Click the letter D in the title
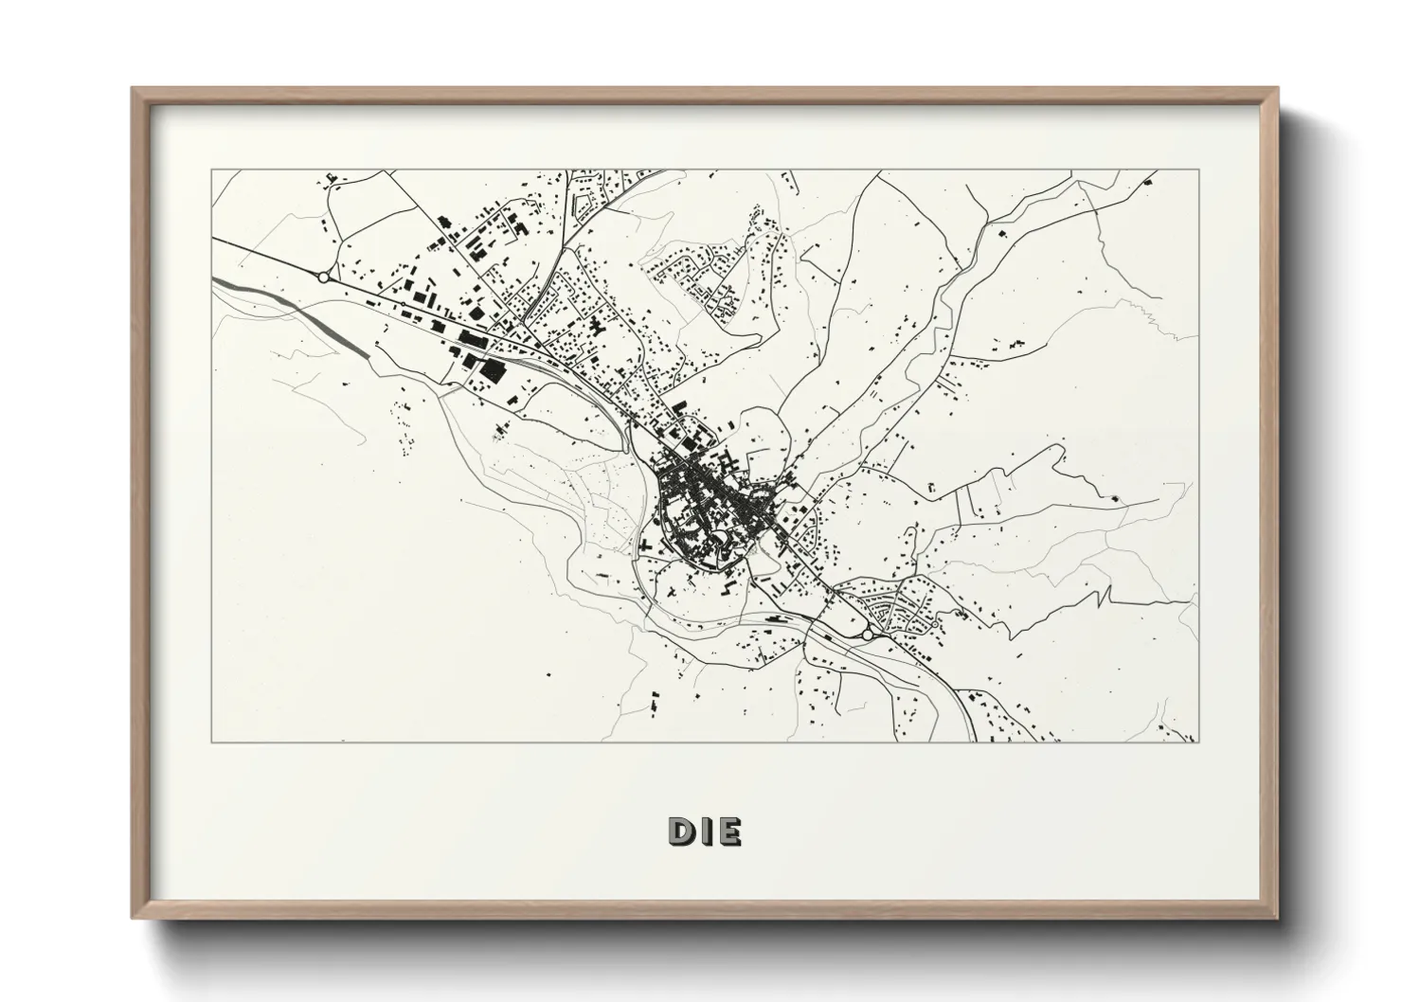682,831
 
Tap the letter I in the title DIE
706,831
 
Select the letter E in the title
729,831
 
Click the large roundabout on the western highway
324,277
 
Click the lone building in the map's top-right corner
1149,179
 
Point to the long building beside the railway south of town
774,617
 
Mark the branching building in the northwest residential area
596,331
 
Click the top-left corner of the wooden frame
133,88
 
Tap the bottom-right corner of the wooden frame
1278,918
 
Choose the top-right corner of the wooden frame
1278,88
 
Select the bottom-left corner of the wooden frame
133,918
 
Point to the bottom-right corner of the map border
1197,743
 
